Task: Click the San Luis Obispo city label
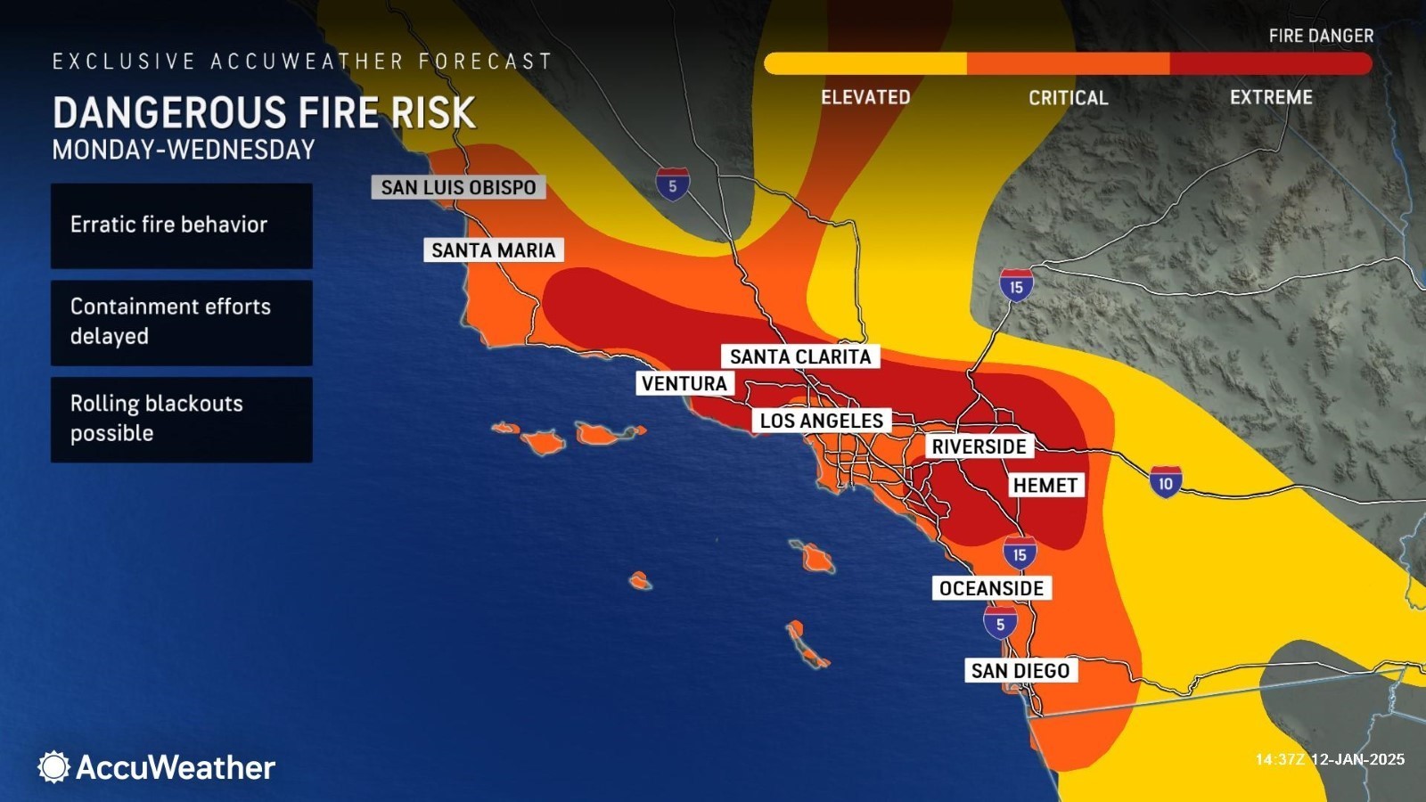[458, 187]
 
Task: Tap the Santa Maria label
[493, 250]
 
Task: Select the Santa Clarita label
[799, 356]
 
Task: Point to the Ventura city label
[684, 383]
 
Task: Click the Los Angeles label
[821, 421]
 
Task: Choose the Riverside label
[979, 446]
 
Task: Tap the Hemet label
[1045, 486]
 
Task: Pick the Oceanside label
[991, 588]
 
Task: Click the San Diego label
[1020, 670]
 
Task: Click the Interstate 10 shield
[1165, 483]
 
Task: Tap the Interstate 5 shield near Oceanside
[1000, 623]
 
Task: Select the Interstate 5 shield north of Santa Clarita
[672, 184]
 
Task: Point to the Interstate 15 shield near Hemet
[1020, 553]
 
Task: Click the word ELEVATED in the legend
[865, 97]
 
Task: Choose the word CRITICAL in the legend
[1068, 98]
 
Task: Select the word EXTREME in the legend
[1271, 97]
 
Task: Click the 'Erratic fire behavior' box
[182, 225]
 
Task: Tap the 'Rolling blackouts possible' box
[182, 419]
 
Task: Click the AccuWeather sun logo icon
[53, 766]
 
